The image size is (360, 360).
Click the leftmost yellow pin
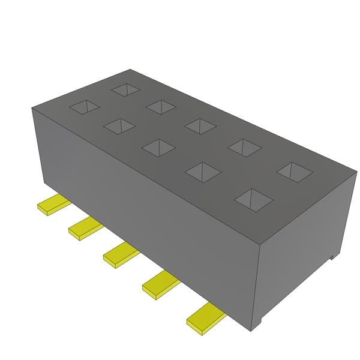[52, 205]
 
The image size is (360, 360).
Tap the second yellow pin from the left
[83, 229]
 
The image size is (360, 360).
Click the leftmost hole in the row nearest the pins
[84, 107]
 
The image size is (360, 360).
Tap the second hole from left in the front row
[119, 125]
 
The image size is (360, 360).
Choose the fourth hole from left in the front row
[202, 172]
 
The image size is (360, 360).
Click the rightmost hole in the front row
[253, 199]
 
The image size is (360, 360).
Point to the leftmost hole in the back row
[125, 89]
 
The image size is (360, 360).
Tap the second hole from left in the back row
[160, 106]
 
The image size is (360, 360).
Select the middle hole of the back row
[200, 125]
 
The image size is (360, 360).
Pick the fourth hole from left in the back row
[244, 147]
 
